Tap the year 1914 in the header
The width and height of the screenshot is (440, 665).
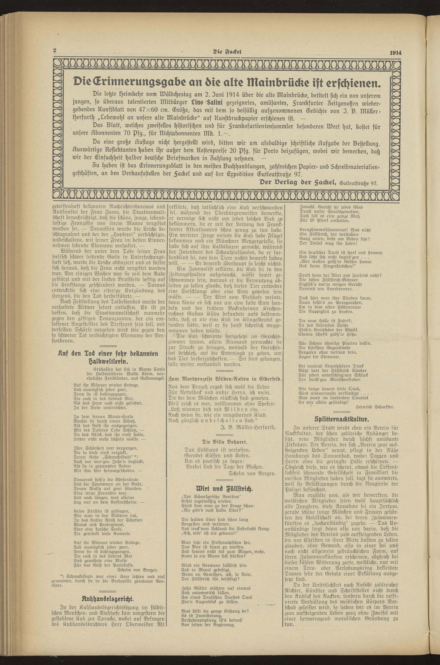(395, 52)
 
